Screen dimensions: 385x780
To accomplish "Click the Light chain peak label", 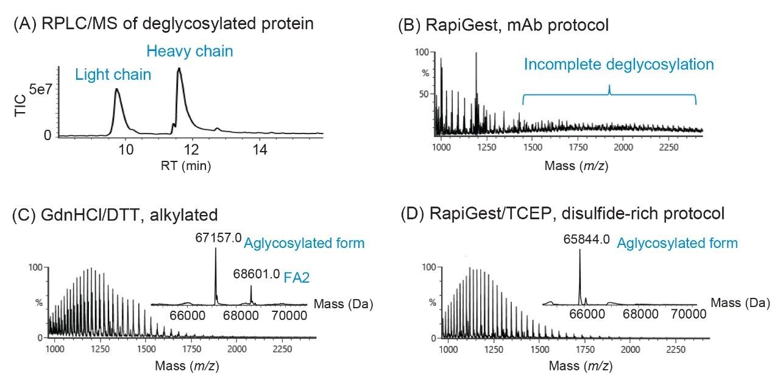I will click(113, 75).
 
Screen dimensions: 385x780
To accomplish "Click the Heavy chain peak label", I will click(189, 51).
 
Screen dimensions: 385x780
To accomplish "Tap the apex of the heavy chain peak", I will click(179, 69).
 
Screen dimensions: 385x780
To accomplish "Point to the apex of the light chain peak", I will click(116, 90).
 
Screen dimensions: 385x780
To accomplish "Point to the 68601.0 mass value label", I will click(257, 275).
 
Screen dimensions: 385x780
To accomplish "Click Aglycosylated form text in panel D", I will click(677, 243).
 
